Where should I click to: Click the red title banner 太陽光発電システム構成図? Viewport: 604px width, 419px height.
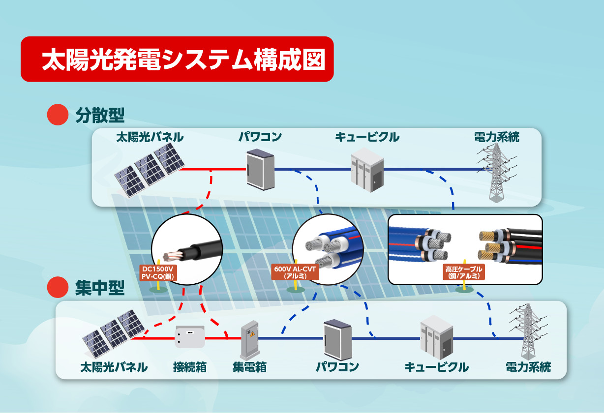177,59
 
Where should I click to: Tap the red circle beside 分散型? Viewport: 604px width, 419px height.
57,115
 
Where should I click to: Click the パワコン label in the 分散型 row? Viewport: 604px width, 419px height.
260,137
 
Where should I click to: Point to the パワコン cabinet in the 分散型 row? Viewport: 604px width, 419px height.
260,169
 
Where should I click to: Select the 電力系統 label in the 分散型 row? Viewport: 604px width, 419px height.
496,137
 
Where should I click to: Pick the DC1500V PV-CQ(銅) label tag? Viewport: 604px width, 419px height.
158,273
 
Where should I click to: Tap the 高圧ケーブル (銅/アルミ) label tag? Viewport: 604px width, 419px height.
464,272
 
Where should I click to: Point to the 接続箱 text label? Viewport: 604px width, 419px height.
189,367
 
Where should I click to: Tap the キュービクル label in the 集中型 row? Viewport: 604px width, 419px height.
436,367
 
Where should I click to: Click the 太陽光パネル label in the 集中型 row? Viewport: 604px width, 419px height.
114,367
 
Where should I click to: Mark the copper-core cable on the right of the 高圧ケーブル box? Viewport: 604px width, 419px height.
509,246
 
